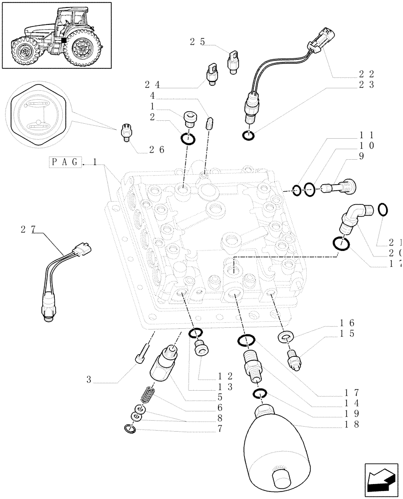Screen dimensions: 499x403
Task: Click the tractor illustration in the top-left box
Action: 56,35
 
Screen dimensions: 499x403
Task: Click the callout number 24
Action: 152,84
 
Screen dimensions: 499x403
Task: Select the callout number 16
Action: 348,323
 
